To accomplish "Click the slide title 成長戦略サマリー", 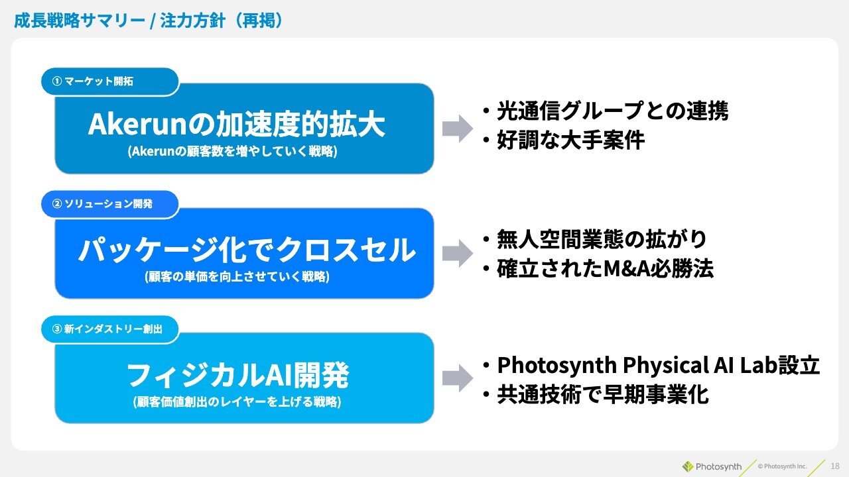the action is pyautogui.click(x=80, y=21).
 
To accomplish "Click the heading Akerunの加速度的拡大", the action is pyautogui.click(x=237, y=124).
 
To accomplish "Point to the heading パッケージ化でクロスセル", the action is pyautogui.click(x=247, y=250).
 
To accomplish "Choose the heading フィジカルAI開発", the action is pyautogui.click(x=237, y=375).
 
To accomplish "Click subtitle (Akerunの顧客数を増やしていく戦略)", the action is pyautogui.click(x=232, y=152).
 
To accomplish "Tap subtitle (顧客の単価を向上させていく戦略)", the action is pyautogui.click(x=237, y=277).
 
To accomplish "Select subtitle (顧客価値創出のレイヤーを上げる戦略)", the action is pyautogui.click(x=237, y=401).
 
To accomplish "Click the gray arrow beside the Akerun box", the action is pyautogui.click(x=458, y=129).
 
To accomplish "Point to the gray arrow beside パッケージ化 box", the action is pyautogui.click(x=458, y=253).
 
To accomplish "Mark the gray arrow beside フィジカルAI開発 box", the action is pyautogui.click(x=458, y=378).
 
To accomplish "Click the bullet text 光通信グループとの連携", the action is pyautogui.click(x=612, y=111).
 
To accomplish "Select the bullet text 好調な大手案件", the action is pyautogui.click(x=570, y=140).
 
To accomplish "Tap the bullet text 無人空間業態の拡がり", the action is pyautogui.click(x=602, y=239).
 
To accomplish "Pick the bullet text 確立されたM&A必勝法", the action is pyautogui.click(x=606, y=268).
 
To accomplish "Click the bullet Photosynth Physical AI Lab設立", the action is pyautogui.click(x=659, y=365).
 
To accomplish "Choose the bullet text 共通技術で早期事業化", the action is pyautogui.click(x=603, y=394).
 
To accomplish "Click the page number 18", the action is pyautogui.click(x=835, y=466).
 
